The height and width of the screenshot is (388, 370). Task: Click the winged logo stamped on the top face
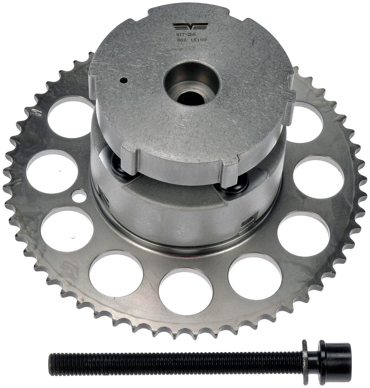(x=190, y=27)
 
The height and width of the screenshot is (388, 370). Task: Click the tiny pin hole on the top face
(x=123, y=80)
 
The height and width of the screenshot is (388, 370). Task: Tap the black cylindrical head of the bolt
(x=336, y=357)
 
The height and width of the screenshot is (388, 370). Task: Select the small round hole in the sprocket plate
(x=79, y=196)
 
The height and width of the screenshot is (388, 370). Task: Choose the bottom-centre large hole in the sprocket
(x=185, y=291)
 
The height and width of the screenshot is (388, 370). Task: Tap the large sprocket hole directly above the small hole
(x=52, y=171)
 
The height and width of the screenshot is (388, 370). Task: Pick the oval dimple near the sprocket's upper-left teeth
(x=36, y=112)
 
